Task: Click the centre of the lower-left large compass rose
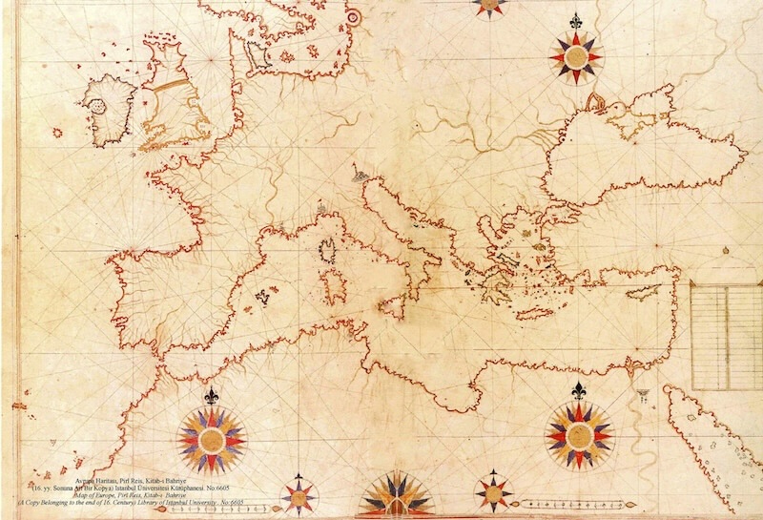[x=211, y=439]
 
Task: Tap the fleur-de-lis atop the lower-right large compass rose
[x=578, y=390]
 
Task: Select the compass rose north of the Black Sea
[x=575, y=57]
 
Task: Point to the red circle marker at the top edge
[x=354, y=16]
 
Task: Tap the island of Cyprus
[x=656, y=291]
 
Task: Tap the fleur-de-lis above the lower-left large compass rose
[x=212, y=395]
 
